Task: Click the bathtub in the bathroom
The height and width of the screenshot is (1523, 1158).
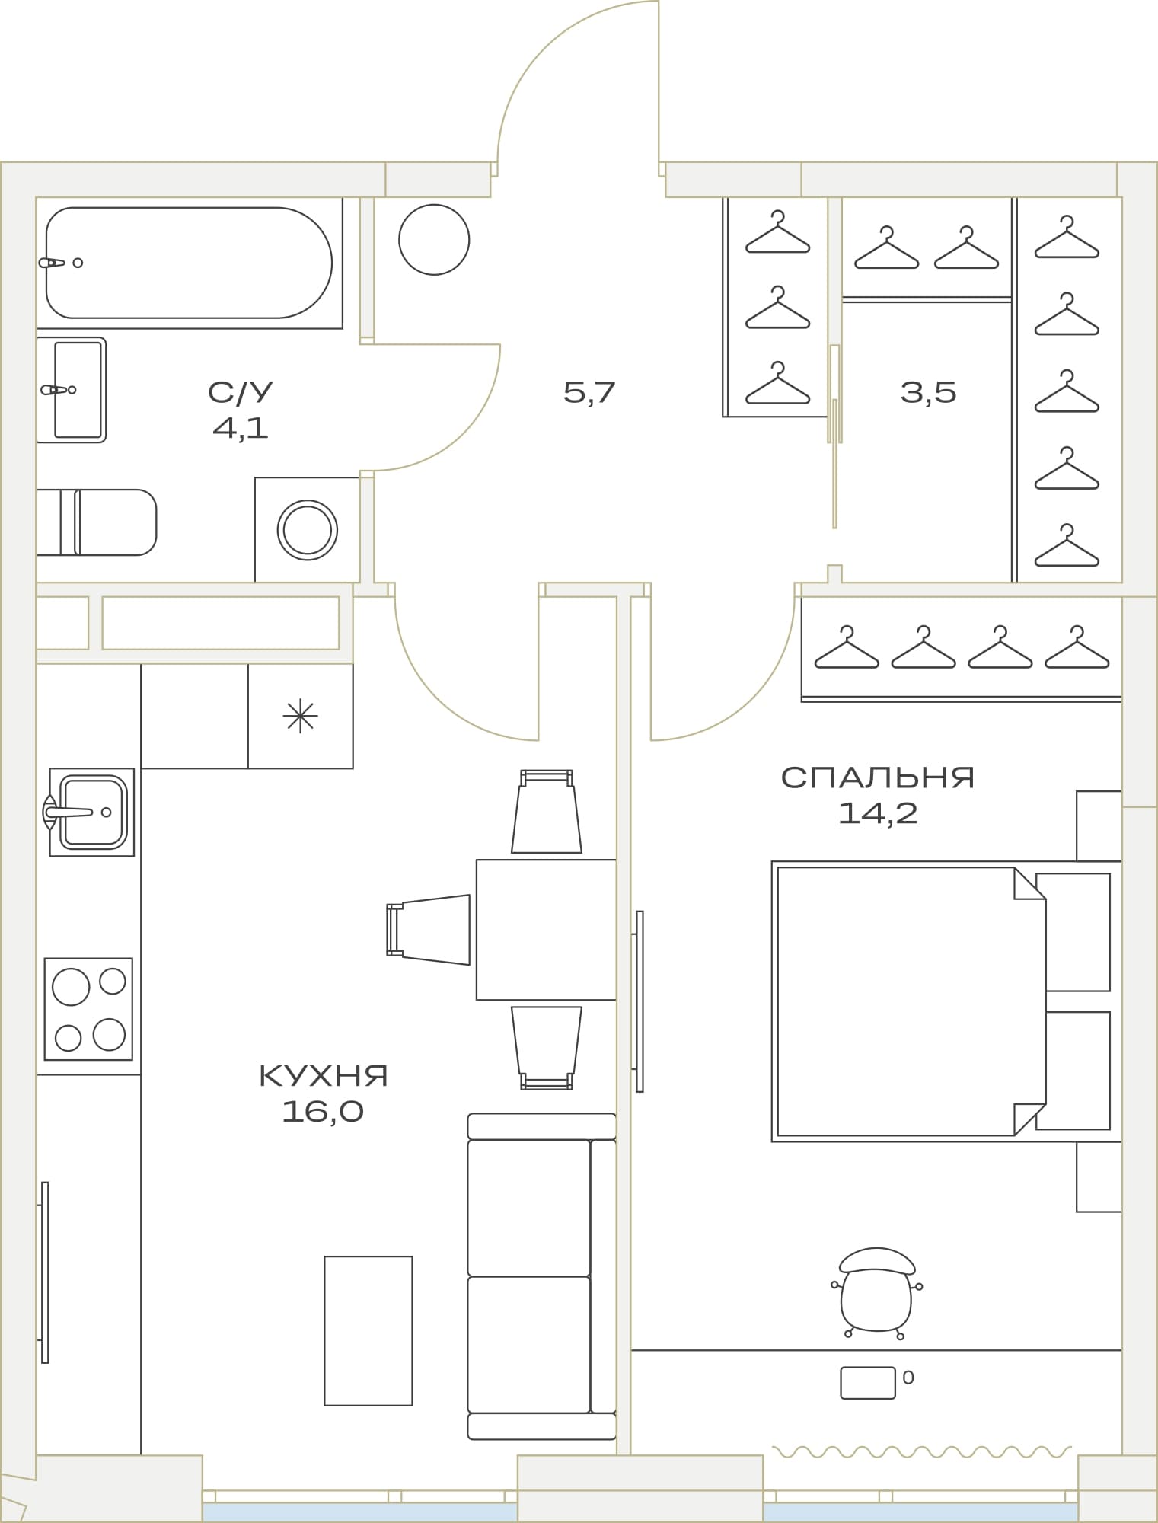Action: pyautogui.click(x=189, y=263)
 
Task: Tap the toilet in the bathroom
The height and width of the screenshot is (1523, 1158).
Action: pyautogui.click(x=97, y=522)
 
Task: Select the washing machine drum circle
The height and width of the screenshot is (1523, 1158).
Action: pyautogui.click(x=307, y=529)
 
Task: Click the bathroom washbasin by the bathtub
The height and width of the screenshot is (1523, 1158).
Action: pyautogui.click(x=71, y=390)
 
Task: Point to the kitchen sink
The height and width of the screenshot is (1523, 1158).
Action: pyautogui.click(x=91, y=812)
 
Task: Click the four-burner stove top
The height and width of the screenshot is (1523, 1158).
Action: pyautogui.click(x=88, y=1009)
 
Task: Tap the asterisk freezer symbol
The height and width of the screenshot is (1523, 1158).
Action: pyautogui.click(x=300, y=716)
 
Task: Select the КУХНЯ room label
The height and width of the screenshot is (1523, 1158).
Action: pyautogui.click(x=324, y=1076)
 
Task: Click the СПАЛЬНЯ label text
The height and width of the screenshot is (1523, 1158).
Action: pyautogui.click(x=878, y=777)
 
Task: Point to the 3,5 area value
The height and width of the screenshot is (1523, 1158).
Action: pyautogui.click(x=928, y=393)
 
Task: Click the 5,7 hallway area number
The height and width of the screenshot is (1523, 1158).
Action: pyautogui.click(x=589, y=393)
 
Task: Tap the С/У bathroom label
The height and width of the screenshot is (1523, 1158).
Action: pyautogui.click(x=241, y=393)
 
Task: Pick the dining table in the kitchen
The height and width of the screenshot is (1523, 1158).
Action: pyautogui.click(x=546, y=930)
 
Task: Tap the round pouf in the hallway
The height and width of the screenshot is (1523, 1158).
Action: pyautogui.click(x=434, y=240)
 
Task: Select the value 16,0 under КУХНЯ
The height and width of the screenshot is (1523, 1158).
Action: pyautogui.click(x=323, y=1113)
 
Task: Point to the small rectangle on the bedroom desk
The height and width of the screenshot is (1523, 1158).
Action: pyautogui.click(x=868, y=1383)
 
